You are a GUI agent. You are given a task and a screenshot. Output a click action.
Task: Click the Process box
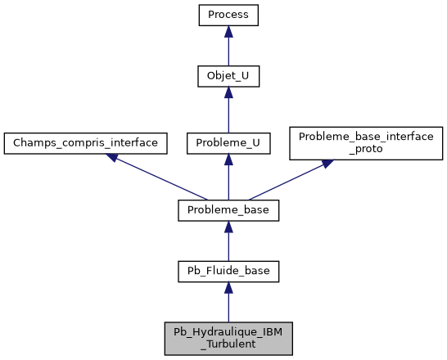pyautogui.click(x=228, y=15)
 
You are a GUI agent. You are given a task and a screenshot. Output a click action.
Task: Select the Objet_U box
pyautogui.click(x=228, y=77)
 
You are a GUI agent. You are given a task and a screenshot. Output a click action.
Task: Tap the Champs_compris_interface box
pyautogui.click(x=86, y=142)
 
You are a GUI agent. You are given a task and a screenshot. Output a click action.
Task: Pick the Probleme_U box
pyautogui.click(x=228, y=142)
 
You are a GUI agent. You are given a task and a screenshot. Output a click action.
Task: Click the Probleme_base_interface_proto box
pyautogui.click(x=366, y=142)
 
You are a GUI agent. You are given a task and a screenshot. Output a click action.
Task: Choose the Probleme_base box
pyautogui.click(x=228, y=210)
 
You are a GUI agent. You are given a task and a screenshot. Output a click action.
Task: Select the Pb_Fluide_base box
pyautogui.click(x=228, y=271)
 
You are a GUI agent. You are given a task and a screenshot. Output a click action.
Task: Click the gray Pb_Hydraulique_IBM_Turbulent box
pyautogui.click(x=228, y=338)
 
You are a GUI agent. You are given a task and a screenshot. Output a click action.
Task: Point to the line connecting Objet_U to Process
pyautogui.click(x=228, y=51)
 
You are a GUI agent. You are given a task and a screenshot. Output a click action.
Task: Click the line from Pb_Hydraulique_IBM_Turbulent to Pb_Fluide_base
pyautogui.click(x=228, y=307)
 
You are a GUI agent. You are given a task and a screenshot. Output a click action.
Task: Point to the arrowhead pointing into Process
pyautogui.click(x=228, y=31)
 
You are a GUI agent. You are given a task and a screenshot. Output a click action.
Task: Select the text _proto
pyautogui.click(x=366, y=149)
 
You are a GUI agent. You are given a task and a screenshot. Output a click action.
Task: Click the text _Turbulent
pyautogui.click(x=228, y=344)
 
